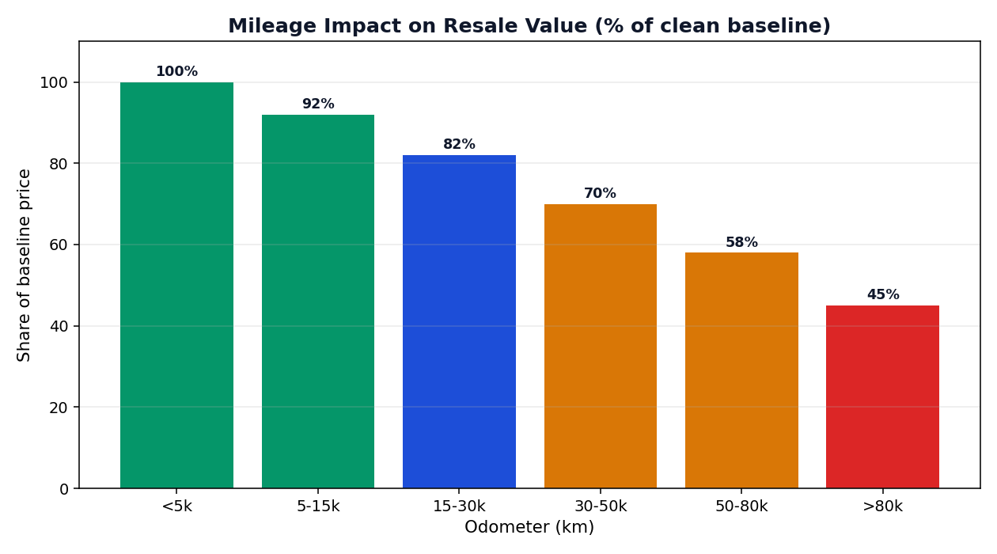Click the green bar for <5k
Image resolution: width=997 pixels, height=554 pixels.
[176, 285]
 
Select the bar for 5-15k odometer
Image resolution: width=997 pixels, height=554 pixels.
[318, 302]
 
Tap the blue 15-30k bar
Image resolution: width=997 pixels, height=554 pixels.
[459, 321]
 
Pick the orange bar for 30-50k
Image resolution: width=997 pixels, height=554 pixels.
[601, 346]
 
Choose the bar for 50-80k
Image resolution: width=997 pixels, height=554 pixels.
[741, 370]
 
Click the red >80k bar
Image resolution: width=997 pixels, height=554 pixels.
[882, 397]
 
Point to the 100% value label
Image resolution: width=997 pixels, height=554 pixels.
[176, 71]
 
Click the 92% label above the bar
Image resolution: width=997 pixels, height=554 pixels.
[318, 104]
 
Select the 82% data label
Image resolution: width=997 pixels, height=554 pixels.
[459, 144]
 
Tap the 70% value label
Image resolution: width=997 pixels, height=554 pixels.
[600, 193]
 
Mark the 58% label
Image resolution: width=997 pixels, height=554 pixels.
[741, 242]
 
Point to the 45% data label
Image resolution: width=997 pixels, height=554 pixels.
[883, 294]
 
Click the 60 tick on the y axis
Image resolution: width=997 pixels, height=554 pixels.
[59, 245]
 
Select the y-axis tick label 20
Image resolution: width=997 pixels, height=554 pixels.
[59, 408]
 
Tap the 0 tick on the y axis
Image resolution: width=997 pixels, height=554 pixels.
[64, 489]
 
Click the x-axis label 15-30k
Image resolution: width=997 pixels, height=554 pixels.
[459, 507]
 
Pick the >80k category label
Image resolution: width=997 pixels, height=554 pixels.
[882, 507]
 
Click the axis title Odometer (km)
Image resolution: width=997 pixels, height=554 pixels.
[529, 527]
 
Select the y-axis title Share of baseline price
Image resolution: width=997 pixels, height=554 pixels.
[24, 265]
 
